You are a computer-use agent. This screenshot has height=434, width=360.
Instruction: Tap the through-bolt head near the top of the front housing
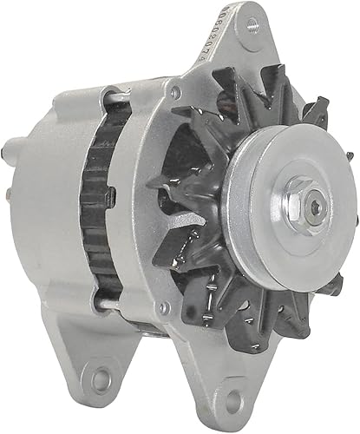[x=177, y=91]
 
